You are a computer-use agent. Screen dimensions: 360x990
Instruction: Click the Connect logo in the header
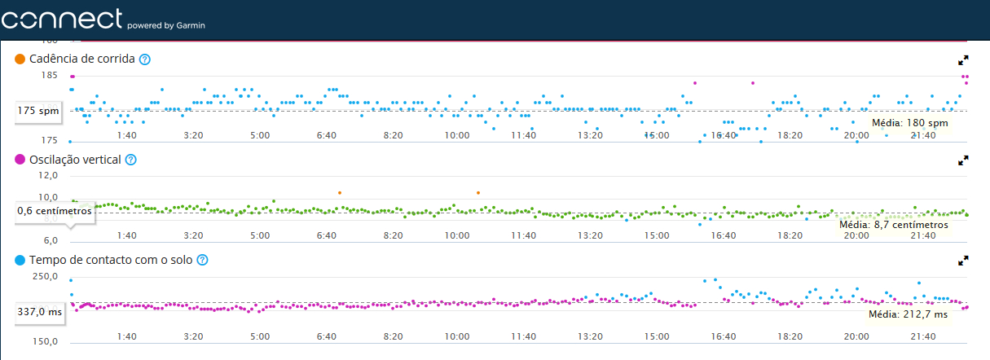(62, 19)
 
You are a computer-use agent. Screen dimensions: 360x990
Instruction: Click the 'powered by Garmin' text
(166, 25)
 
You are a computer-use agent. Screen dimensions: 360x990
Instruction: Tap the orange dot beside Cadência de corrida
(20, 59)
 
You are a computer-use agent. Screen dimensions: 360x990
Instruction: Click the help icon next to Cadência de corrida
(145, 59)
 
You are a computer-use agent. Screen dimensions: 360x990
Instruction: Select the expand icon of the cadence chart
(963, 60)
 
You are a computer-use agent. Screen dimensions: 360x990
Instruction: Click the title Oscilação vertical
(75, 160)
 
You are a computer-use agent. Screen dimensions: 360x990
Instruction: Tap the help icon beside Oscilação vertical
(130, 160)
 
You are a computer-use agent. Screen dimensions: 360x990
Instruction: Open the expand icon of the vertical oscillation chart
(963, 160)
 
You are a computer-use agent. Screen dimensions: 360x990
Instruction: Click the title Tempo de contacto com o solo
(110, 260)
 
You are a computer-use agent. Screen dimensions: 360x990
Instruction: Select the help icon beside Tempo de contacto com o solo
(203, 260)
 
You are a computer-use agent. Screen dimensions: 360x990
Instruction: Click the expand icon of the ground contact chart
(963, 261)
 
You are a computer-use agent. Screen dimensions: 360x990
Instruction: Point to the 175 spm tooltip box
(38, 110)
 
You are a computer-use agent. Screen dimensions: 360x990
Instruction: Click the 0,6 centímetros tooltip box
(55, 210)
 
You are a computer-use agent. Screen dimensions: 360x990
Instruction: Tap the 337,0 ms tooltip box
(39, 310)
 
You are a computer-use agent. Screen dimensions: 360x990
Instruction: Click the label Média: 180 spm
(910, 123)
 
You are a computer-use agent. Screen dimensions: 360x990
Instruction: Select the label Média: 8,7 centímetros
(894, 224)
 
